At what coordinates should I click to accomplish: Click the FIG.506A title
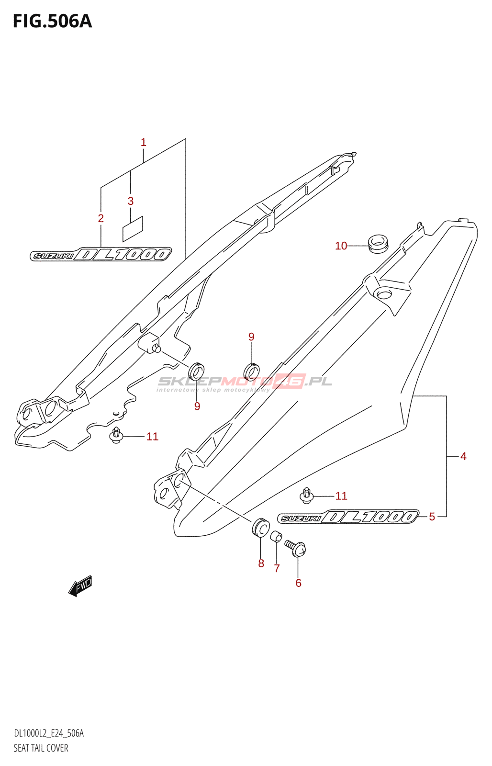[52, 21]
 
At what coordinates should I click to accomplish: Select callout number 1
[144, 142]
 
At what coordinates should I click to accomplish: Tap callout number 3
[131, 201]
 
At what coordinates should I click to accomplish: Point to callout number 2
[101, 218]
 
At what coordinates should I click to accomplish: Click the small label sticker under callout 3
[133, 229]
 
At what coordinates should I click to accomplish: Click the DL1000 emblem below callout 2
[101, 254]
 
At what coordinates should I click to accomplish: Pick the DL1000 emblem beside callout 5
[348, 517]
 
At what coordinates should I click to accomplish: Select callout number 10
[341, 246]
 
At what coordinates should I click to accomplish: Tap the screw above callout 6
[295, 548]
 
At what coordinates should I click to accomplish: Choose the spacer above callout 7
[276, 536]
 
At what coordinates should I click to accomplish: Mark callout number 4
[463, 456]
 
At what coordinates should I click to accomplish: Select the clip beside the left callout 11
[116, 435]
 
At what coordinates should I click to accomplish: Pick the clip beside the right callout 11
[306, 496]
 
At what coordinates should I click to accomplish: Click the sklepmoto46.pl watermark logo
[245, 383]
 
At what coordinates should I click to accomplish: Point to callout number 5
[432, 517]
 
